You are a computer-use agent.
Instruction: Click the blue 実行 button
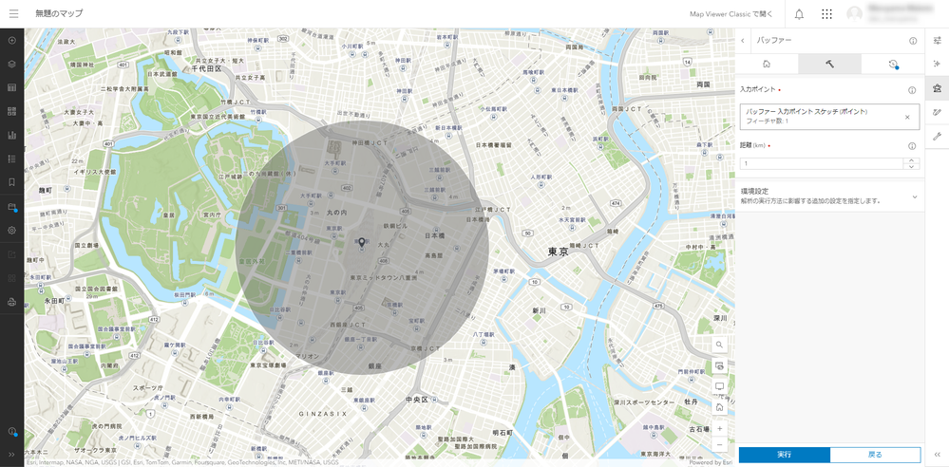coord(784,455)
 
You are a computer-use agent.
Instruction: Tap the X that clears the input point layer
coord(907,117)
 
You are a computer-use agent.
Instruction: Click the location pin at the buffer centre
coord(361,244)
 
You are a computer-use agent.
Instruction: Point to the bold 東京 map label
coord(558,252)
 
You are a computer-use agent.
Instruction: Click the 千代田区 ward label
coord(206,67)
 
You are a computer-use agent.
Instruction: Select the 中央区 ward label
coord(418,400)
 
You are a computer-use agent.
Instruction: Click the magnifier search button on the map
coord(720,345)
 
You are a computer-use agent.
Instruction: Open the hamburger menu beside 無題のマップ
coord(13,14)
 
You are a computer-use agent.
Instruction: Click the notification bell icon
coord(799,14)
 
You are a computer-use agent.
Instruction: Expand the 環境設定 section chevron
coord(914,196)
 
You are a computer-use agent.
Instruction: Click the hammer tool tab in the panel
coord(829,65)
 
